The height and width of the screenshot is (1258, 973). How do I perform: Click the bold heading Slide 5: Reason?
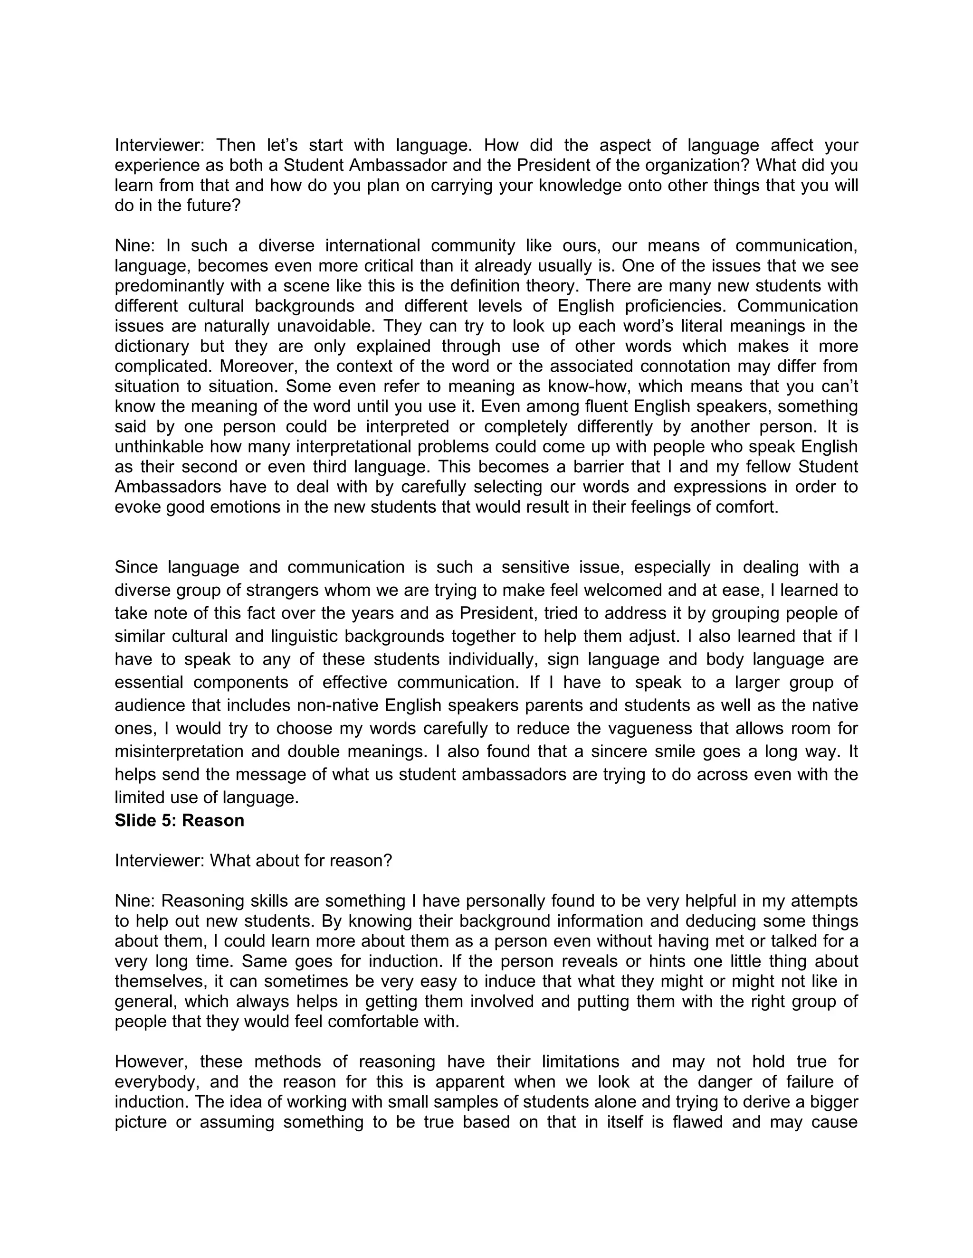pyautogui.click(x=179, y=820)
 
